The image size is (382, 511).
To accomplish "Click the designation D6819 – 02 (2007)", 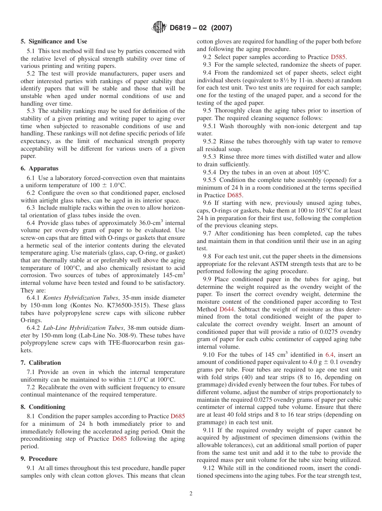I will (x=201, y=28).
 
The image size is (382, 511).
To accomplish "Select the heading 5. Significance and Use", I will (x=53, y=41).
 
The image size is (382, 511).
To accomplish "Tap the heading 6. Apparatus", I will (x=39, y=168).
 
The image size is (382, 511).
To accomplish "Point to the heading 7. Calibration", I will (x=41, y=363).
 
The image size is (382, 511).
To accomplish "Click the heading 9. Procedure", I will (x=39, y=459).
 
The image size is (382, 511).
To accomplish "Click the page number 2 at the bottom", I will (x=191, y=494).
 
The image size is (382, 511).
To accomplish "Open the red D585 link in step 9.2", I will (x=338, y=57).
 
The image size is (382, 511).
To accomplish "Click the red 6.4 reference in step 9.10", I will (x=329, y=355).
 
